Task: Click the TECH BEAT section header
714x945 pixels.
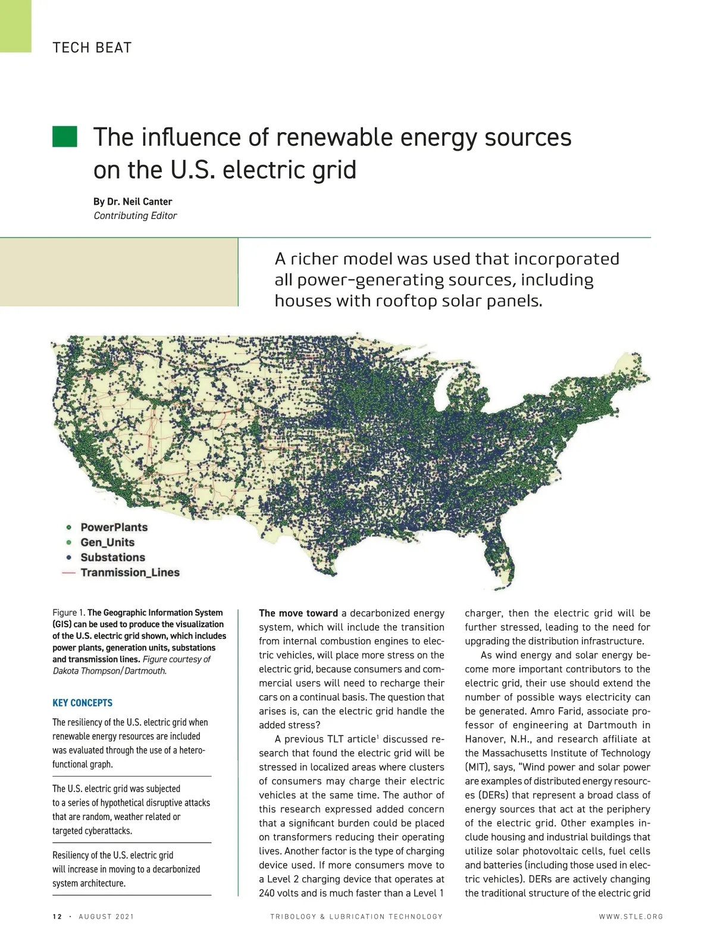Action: coord(92,48)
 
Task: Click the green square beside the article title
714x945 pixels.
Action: coord(64,136)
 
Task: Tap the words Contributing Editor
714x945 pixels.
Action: coord(135,215)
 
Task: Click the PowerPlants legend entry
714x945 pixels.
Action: coord(114,527)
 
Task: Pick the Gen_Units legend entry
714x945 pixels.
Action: coord(107,542)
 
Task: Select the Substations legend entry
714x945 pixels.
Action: coord(112,558)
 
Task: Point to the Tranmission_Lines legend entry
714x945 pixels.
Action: coord(130,572)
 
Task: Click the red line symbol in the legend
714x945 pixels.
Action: coord(69,572)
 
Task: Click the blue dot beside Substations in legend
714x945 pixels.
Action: coord(69,558)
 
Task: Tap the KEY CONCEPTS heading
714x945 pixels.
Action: coord(82,703)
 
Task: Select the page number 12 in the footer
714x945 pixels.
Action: coord(57,916)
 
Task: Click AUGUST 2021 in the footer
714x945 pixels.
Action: coord(107,916)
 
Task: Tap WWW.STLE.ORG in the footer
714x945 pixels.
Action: coord(631,916)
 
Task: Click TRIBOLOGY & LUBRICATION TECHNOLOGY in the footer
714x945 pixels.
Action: coord(356,916)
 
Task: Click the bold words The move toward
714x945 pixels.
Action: coord(298,613)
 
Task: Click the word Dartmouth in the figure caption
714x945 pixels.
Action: coord(146,671)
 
